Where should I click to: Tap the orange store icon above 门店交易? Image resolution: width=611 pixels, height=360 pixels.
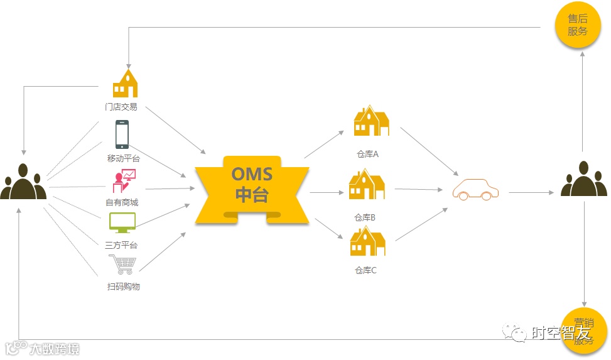[x=125, y=83]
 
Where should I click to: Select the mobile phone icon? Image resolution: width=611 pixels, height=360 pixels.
[x=122, y=134]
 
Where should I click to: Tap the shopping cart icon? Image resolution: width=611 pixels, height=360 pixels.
[x=122, y=265]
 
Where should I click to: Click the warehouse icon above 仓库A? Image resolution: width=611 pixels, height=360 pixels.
[x=370, y=121]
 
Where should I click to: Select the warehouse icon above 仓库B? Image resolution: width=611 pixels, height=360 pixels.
[x=367, y=185]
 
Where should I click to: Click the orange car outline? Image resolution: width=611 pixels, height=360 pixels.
[x=475, y=189]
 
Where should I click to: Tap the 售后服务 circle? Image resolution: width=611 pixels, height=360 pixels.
[x=577, y=26]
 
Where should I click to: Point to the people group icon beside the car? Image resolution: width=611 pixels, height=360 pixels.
[x=583, y=180]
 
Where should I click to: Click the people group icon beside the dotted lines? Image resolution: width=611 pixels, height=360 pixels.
[x=23, y=182]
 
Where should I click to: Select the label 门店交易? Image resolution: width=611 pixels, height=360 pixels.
[x=121, y=107]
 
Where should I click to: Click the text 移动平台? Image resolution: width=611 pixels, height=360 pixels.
[x=124, y=158]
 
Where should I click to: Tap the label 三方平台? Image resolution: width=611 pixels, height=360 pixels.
[x=121, y=245]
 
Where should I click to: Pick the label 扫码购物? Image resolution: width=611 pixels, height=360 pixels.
[x=123, y=286]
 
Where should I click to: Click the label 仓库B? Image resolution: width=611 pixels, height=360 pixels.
[x=365, y=217]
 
